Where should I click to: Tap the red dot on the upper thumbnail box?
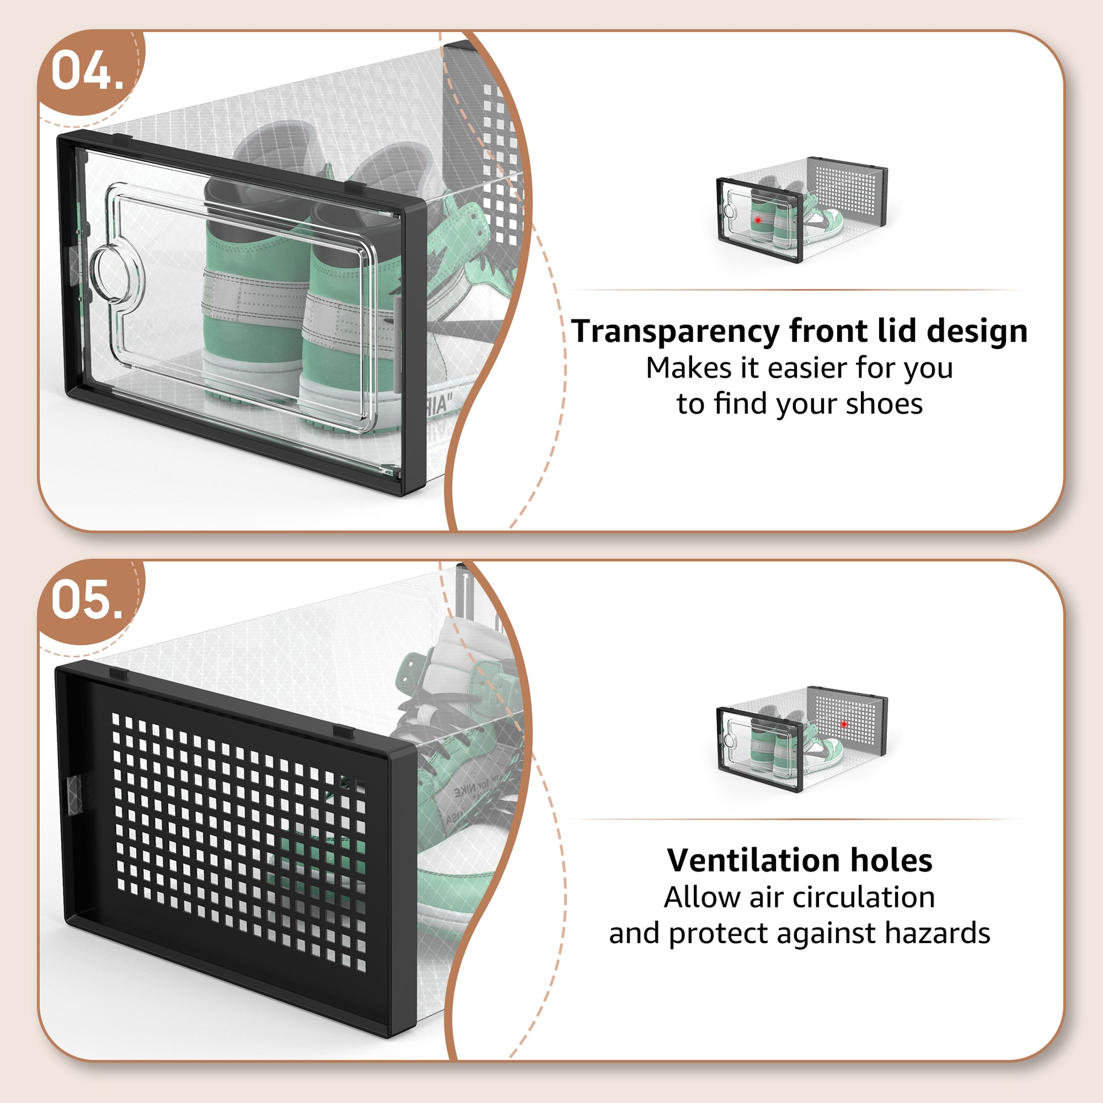[x=758, y=220]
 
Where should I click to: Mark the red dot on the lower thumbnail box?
[x=844, y=724]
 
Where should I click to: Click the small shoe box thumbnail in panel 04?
[x=802, y=209]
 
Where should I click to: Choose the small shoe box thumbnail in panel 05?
[x=802, y=739]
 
